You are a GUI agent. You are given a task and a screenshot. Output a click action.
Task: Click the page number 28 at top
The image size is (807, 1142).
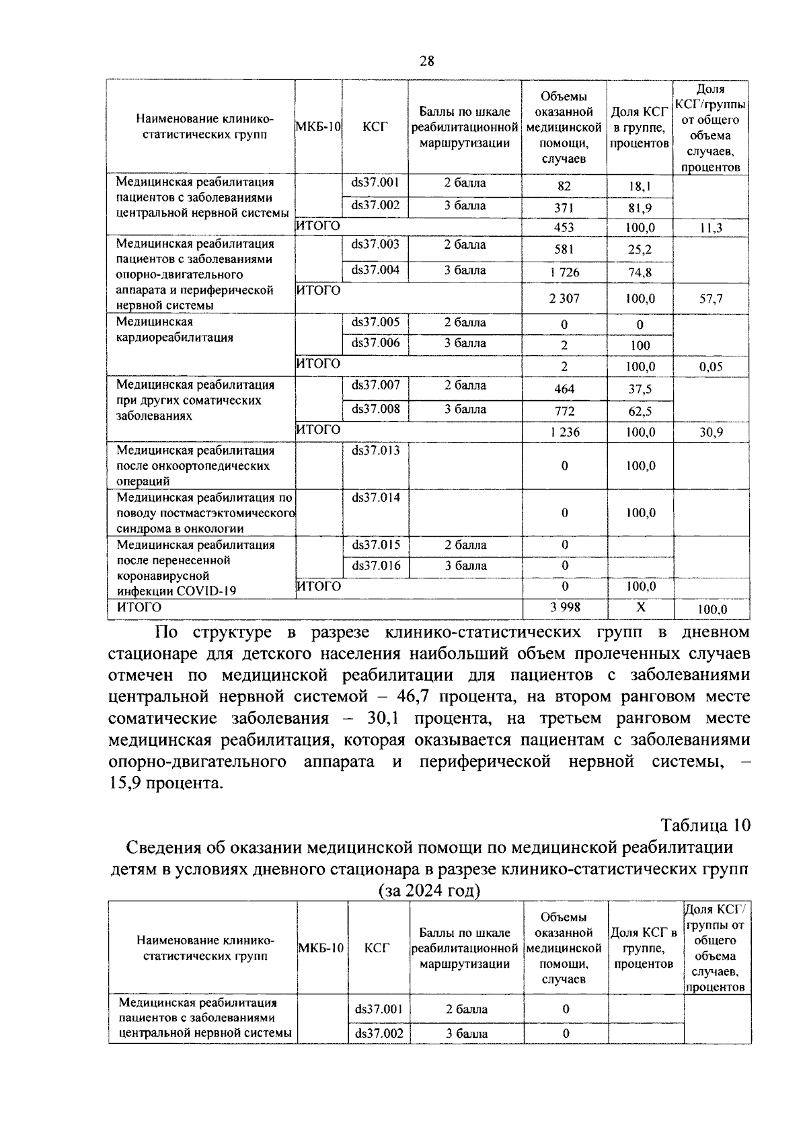point(426,62)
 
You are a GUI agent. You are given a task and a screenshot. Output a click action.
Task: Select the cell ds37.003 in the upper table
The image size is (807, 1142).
point(375,245)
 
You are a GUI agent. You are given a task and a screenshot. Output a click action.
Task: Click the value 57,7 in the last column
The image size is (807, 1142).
point(711,299)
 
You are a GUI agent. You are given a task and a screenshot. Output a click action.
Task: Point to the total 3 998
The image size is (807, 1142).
point(565,607)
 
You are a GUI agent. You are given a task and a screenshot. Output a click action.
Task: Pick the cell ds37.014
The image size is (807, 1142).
point(375,498)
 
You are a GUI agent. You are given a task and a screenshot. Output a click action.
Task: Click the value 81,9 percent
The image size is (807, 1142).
point(639,208)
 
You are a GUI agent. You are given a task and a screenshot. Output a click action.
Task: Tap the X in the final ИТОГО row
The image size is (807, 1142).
point(640,607)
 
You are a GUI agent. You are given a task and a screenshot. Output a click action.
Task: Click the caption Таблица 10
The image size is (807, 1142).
point(705,825)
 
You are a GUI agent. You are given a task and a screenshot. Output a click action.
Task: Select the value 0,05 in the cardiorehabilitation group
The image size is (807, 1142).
point(711,367)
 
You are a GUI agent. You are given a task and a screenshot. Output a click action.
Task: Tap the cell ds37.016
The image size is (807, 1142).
point(376,566)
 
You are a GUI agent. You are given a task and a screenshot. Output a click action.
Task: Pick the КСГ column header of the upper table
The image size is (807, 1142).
point(375,127)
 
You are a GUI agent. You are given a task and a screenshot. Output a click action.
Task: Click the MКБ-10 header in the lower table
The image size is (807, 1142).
point(321,948)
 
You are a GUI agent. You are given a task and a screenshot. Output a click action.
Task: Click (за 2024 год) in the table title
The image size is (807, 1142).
point(430,890)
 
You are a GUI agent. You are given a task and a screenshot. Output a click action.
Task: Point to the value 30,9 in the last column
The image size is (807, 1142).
point(711,432)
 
